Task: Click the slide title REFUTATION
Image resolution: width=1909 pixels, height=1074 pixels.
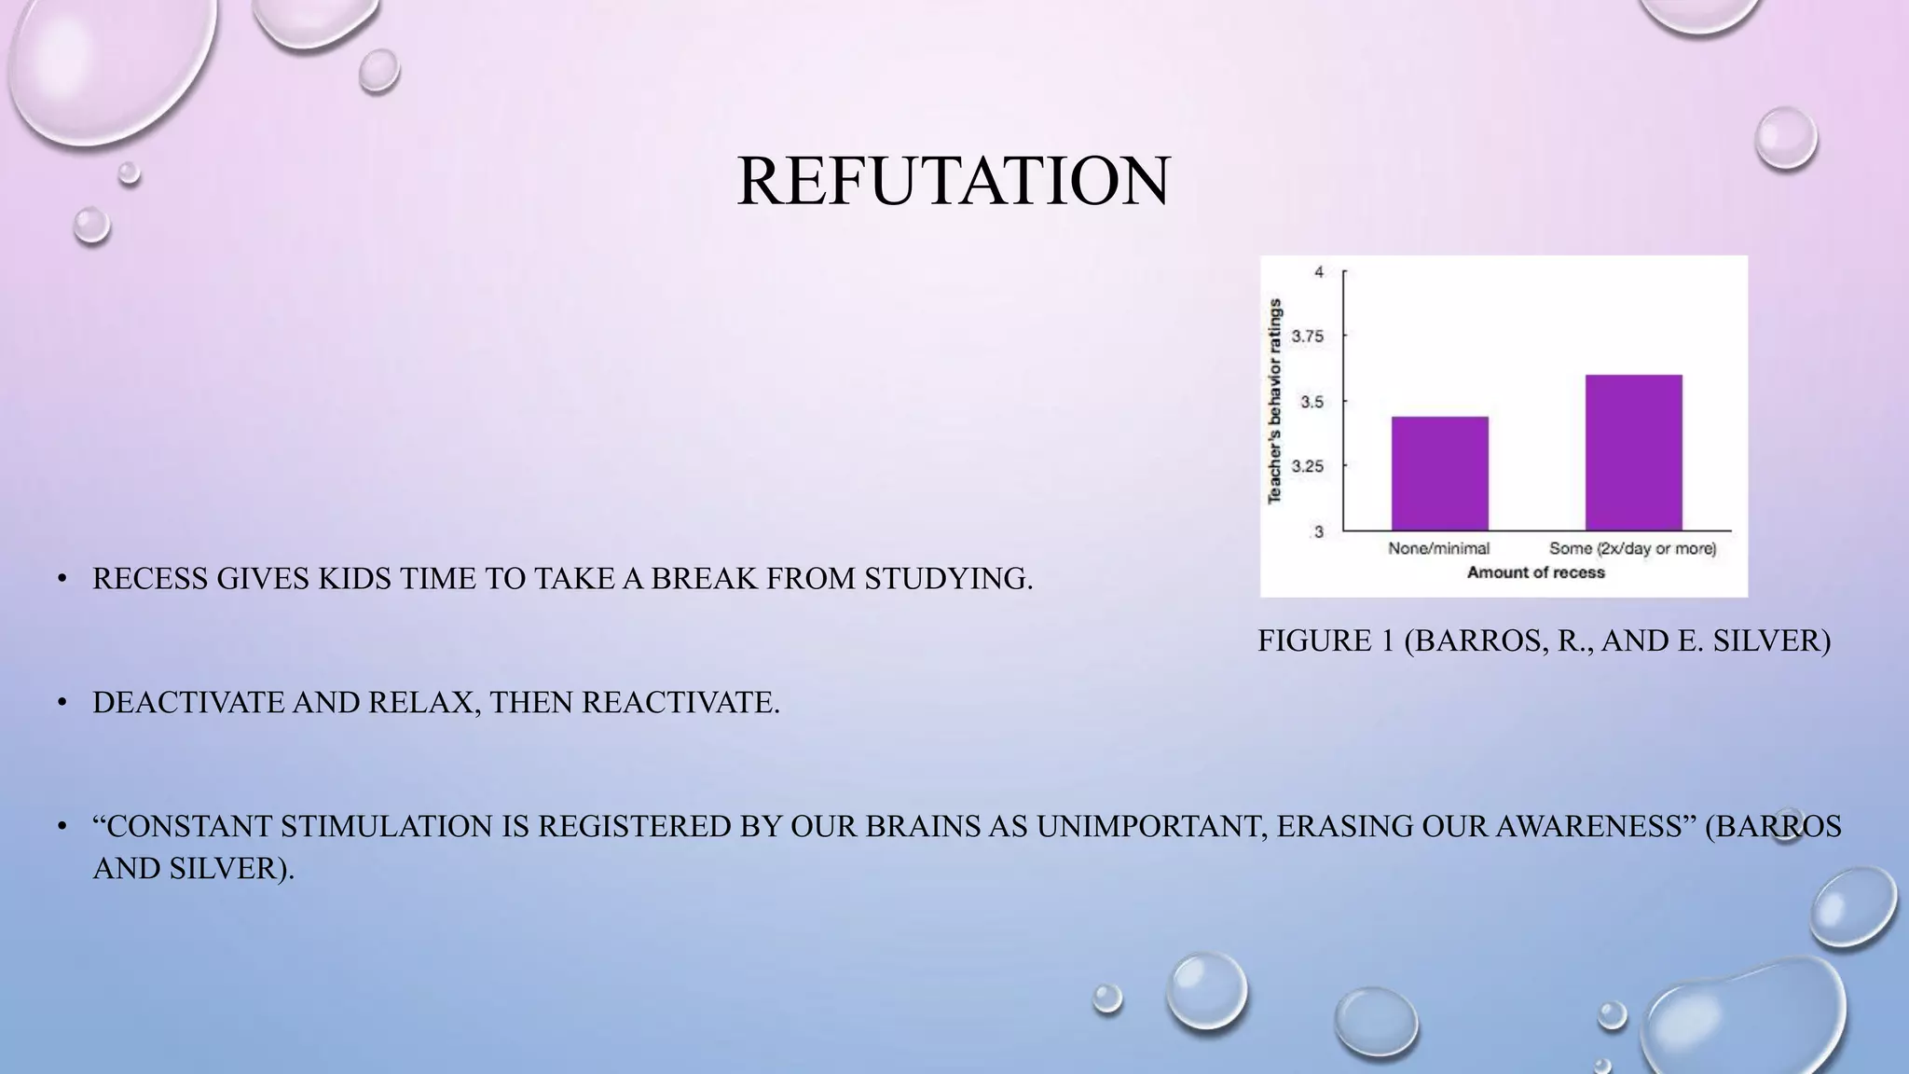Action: point(953,181)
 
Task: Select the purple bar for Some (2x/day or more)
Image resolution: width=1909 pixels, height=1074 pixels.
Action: point(1633,453)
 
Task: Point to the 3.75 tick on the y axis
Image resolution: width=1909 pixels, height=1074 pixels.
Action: point(1307,337)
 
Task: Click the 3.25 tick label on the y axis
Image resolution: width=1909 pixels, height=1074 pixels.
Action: point(1307,466)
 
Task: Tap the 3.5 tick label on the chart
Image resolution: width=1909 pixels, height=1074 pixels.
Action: point(1311,402)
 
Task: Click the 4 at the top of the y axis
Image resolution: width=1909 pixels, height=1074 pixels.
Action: point(1318,272)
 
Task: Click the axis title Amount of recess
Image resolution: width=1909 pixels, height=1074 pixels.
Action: point(1535,572)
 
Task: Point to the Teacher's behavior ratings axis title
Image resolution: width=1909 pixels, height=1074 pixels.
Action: point(1275,401)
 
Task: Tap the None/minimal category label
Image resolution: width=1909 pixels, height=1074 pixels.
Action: point(1439,548)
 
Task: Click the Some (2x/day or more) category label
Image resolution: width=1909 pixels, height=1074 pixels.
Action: point(1632,548)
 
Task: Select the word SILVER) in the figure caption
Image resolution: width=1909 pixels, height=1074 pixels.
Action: point(1772,640)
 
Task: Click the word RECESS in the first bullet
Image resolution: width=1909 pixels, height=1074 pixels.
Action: point(150,579)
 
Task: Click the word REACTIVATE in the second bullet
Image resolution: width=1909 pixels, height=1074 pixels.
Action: point(680,702)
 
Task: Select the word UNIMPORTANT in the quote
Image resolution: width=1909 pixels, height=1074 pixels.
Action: point(1150,826)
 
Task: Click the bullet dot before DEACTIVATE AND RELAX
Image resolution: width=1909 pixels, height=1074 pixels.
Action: point(62,702)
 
